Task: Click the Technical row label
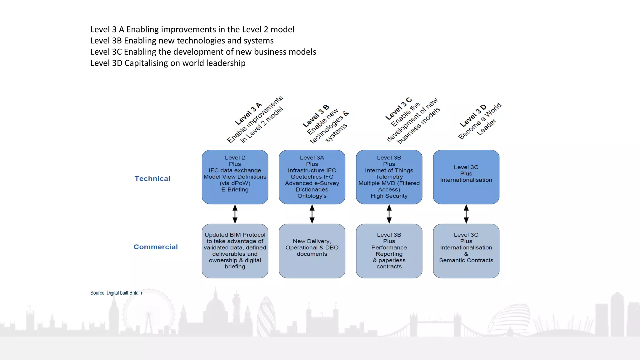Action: pyautogui.click(x=152, y=179)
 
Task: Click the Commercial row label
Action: pyautogui.click(x=156, y=247)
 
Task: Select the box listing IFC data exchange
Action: pyautogui.click(x=235, y=177)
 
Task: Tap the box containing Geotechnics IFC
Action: pyautogui.click(x=312, y=177)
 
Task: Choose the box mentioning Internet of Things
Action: pyautogui.click(x=389, y=177)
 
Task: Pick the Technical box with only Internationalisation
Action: pyautogui.click(x=466, y=177)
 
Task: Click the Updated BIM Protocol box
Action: pyautogui.click(x=235, y=251)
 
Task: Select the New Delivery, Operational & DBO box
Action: pyautogui.click(x=312, y=251)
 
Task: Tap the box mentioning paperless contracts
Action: pyautogui.click(x=389, y=251)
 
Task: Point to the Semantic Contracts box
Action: pyautogui.click(x=466, y=251)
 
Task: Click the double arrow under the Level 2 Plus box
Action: pyautogui.click(x=235, y=214)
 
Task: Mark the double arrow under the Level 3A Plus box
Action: pyautogui.click(x=312, y=214)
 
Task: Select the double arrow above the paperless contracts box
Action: pyautogui.click(x=389, y=214)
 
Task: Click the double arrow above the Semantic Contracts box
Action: pyautogui.click(x=466, y=214)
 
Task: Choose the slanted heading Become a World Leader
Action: pyautogui.click(x=480, y=122)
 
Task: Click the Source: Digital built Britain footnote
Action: pyautogui.click(x=116, y=293)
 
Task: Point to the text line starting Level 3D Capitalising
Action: pyautogui.click(x=168, y=63)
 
